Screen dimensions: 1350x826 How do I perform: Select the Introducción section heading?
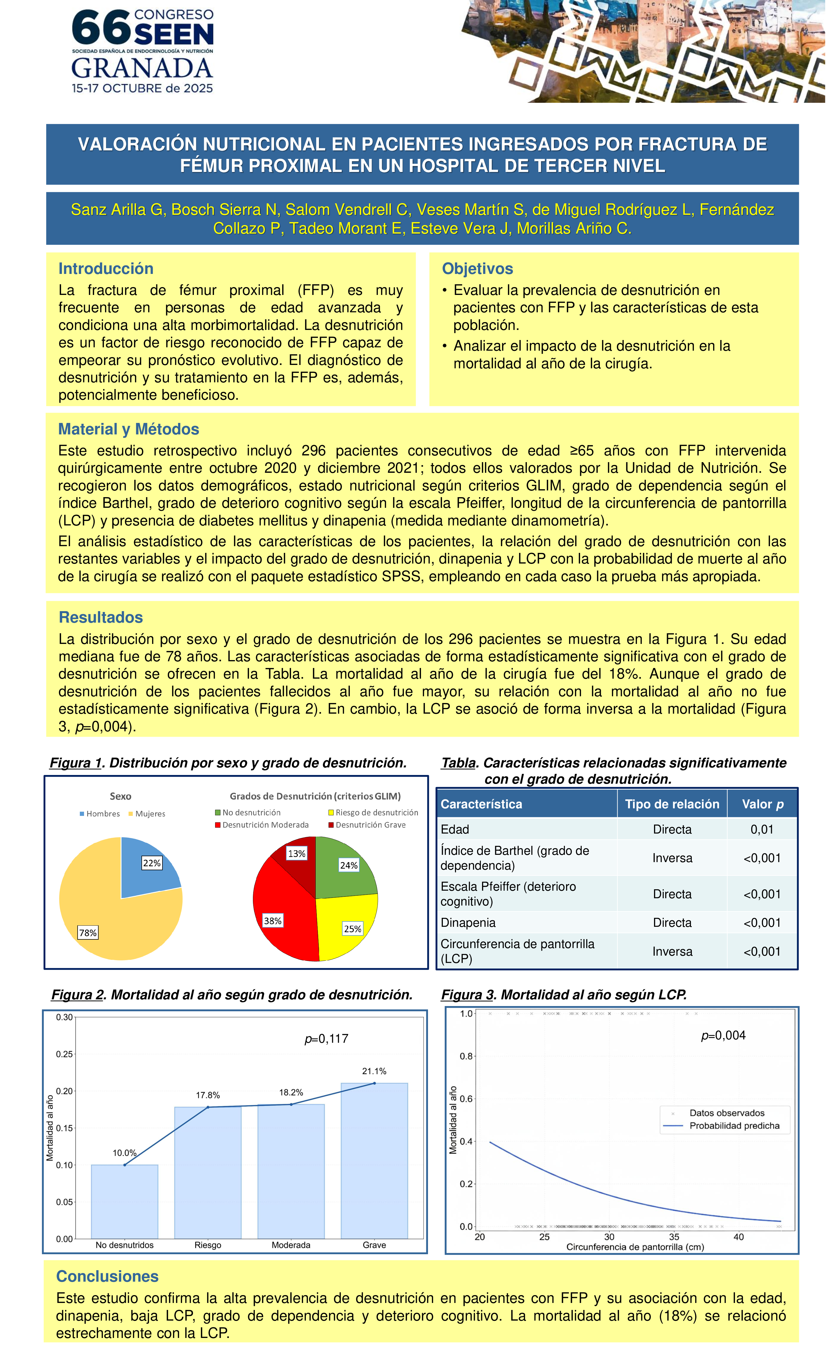click(x=106, y=269)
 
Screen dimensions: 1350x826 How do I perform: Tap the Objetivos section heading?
click(x=477, y=269)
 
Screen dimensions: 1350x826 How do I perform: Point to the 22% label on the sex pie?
click(x=152, y=863)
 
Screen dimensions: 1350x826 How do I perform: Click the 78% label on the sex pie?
click(x=88, y=932)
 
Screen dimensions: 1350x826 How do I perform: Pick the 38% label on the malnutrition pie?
click(x=273, y=921)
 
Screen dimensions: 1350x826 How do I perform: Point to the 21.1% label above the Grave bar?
click(x=374, y=1071)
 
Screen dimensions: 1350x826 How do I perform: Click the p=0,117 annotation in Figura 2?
click(x=327, y=1039)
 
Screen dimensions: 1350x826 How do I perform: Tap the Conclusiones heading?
click(x=107, y=1277)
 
